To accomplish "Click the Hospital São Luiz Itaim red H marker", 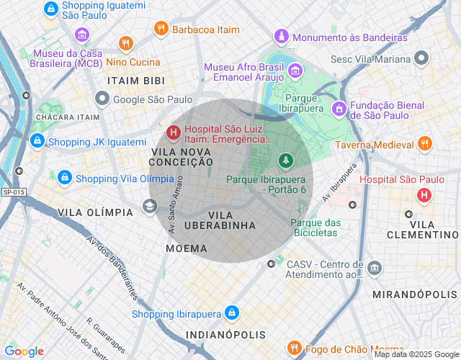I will [x=173, y=132].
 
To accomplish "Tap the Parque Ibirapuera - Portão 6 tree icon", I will [x=286, y=160].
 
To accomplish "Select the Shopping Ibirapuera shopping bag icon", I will [x=231, y=313].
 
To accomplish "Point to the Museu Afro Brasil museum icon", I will [x=295, y=71].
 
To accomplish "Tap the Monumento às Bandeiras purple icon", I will [x=281, y=36].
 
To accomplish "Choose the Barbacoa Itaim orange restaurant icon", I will [x=161, y=29].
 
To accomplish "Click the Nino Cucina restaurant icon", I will [x=126, y=43].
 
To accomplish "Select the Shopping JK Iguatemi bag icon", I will [x=36, y=142].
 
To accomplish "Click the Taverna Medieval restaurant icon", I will [x=424, y=144].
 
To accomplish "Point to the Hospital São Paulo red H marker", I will [x=424, y=194].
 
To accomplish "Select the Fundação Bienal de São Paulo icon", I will [x=338, y=108].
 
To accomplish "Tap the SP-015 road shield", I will [x=13, y=192].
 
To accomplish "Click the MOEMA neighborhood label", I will [x=186, y=248].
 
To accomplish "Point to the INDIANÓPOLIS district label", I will [x=225, y=335].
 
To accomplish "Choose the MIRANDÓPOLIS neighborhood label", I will [x=414, y=295].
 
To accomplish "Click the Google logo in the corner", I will [x=24, y=351].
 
